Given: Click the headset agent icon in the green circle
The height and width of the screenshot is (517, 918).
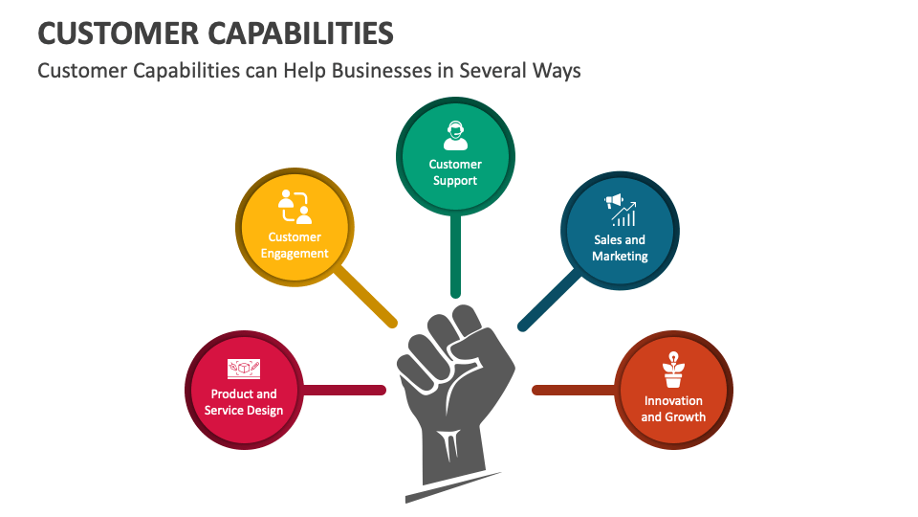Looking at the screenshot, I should [455, 135].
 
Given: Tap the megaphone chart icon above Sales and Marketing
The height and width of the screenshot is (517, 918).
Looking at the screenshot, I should [620, 210].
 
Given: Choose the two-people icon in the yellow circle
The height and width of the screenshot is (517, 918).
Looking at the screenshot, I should [295, 206].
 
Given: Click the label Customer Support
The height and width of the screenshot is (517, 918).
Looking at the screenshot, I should [455, 172].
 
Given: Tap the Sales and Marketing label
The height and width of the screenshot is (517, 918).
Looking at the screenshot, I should [620, 248].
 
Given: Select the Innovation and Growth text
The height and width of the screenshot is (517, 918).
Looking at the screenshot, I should [673, 409].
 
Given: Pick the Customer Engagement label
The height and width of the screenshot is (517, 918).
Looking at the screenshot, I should [295, 245].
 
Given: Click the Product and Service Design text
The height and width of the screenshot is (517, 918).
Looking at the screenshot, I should [244, 402].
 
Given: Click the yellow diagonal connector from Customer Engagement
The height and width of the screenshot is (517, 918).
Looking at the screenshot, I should [366, 297].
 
